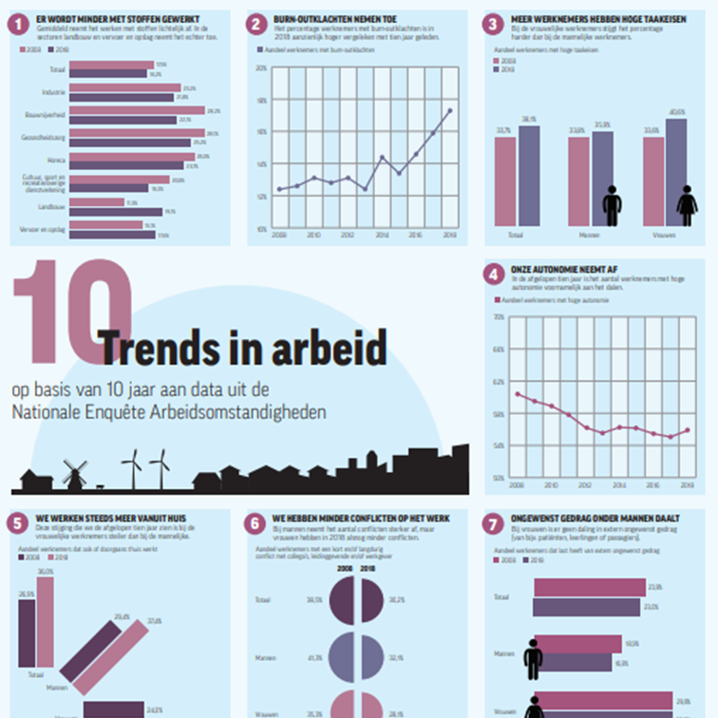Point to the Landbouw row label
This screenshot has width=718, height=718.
coord(52,206)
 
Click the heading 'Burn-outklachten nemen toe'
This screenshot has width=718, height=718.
coord(320,19)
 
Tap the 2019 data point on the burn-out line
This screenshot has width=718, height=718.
coord(449,110)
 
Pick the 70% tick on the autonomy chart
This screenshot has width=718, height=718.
coord(499,316)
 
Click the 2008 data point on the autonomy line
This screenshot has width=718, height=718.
coord(518,393)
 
